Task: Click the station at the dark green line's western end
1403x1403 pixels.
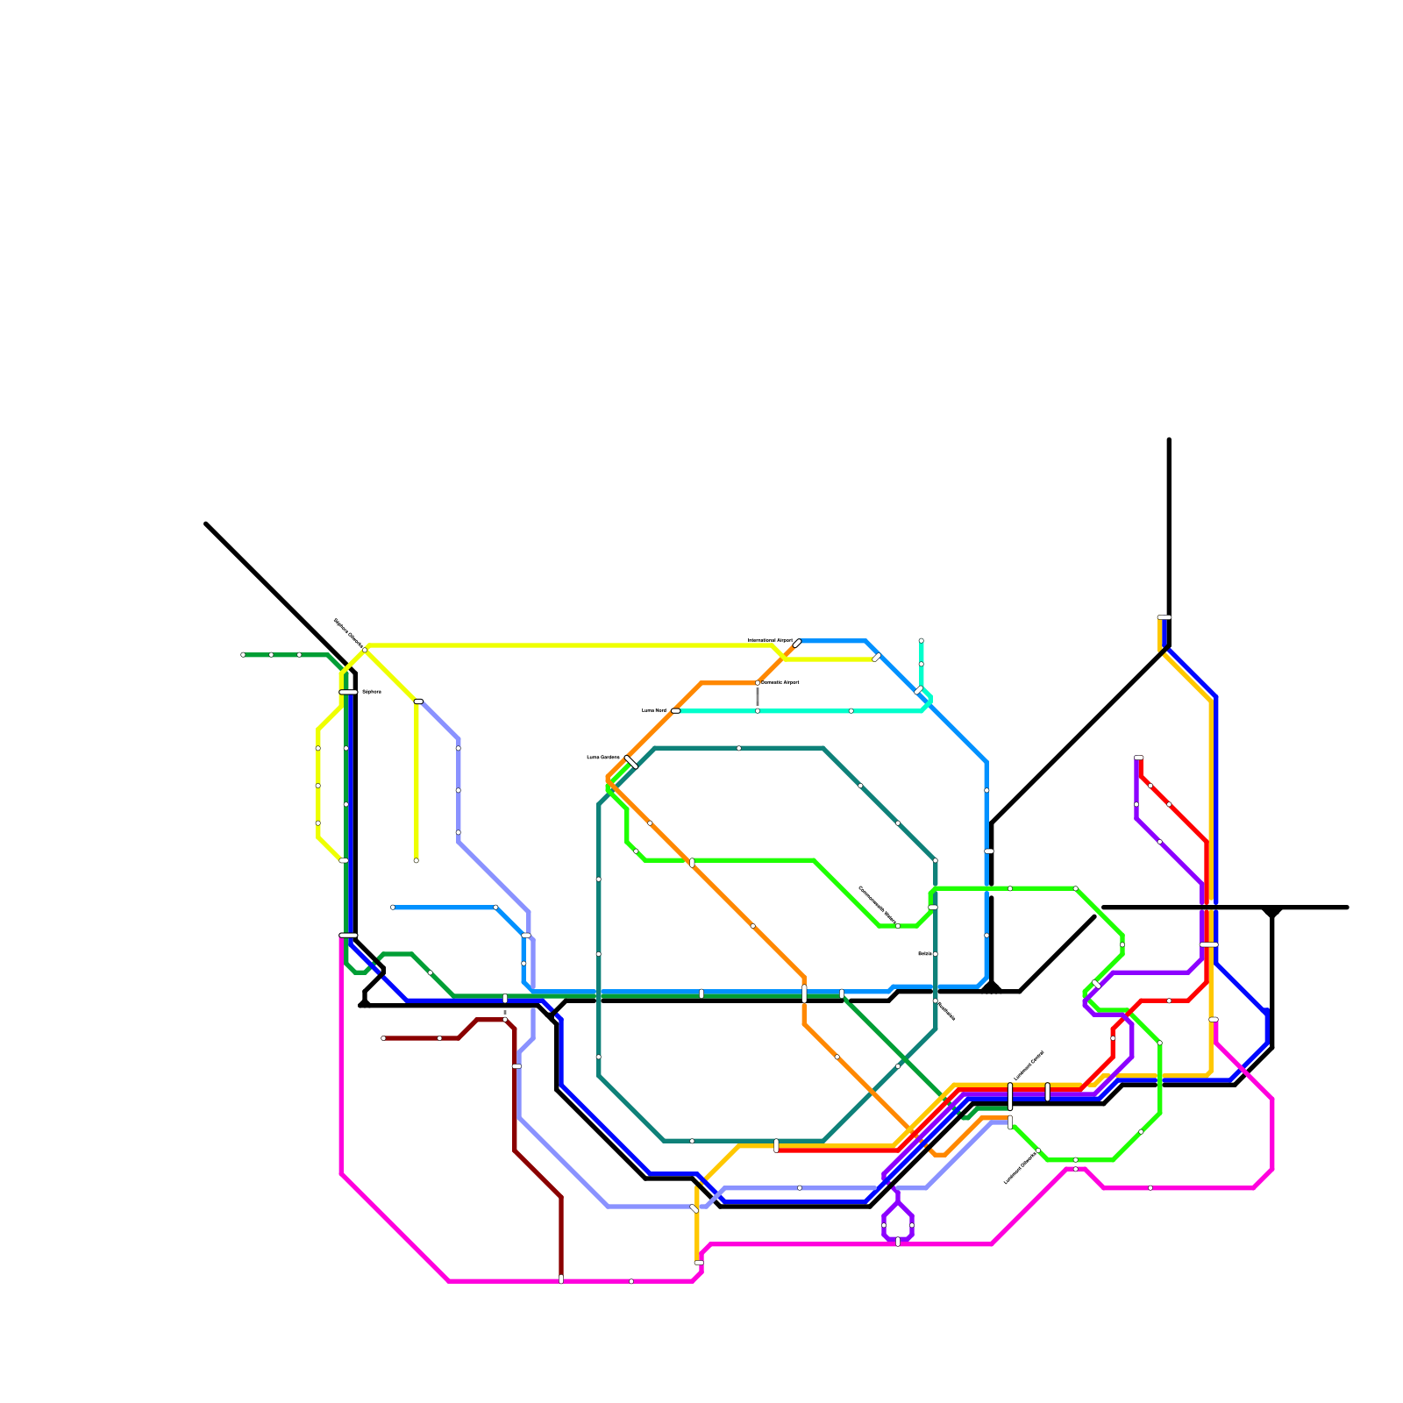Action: (x=243, y=654)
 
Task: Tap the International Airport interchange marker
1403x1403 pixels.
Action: (x=797, y=644)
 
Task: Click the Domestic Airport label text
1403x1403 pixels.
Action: (x=780, y=682)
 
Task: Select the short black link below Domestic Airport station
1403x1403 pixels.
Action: (x=758, y=696)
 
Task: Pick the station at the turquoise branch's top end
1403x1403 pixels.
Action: (x=921, y=640)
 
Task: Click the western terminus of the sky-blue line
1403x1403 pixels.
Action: (x=393, y=908)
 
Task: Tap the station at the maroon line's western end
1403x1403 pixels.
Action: (x=383, y=1038)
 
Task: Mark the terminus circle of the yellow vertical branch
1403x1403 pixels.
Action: (x=416, y=860)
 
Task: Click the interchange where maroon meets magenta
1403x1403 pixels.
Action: (x=561, y=1279)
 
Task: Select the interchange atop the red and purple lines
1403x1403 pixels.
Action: (x=1138, y=758)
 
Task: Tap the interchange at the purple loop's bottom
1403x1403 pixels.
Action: (x=898, y=1242)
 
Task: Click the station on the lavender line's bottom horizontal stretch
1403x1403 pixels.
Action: (x=800, y=1187)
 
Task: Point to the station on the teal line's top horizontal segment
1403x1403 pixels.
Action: (x=739, y=748)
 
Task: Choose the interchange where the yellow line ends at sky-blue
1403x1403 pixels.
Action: (x=877, y=658)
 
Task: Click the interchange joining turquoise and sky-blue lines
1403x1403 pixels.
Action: (x=919, y=690)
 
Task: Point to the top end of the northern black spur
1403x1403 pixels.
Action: (x=1169, y=440)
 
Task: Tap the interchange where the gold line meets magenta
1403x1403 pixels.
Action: (x=699, y=1263)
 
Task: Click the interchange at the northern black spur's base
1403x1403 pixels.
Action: (x=1164, y=617)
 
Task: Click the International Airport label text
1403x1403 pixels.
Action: (x=770, y=641)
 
